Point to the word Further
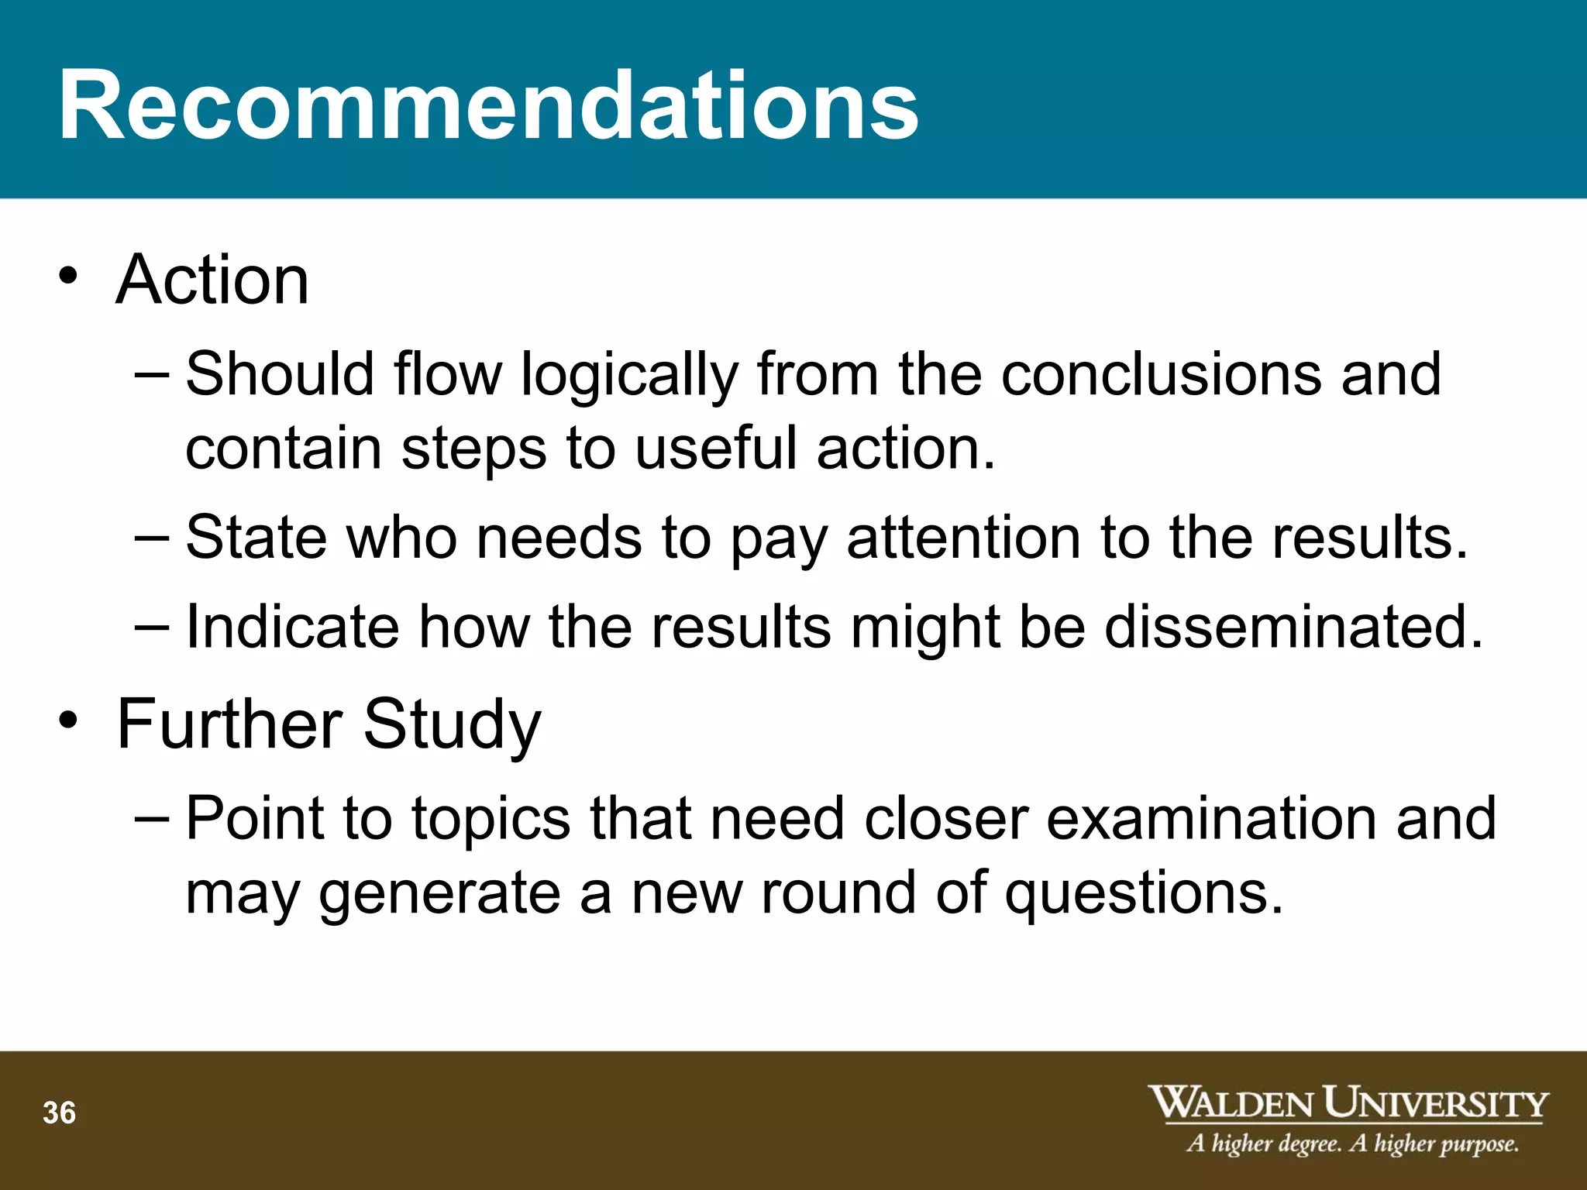pos(229,724)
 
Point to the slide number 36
pos(60,1113)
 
